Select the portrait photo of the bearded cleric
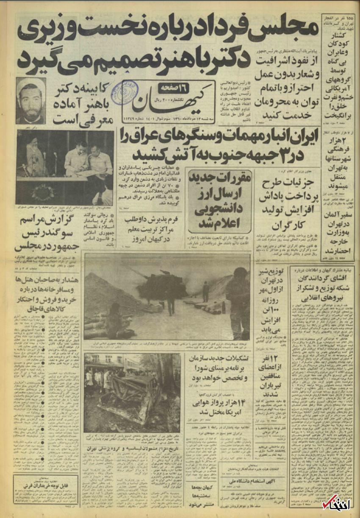[x=30, y=101]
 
